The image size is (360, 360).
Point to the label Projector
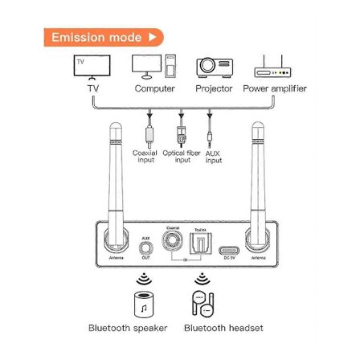click(x=214, y=88)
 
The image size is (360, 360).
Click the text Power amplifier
click(x=275, y=88)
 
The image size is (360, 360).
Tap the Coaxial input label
click(x=145, y=156)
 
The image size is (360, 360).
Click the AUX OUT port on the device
click(x=145, y=249)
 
